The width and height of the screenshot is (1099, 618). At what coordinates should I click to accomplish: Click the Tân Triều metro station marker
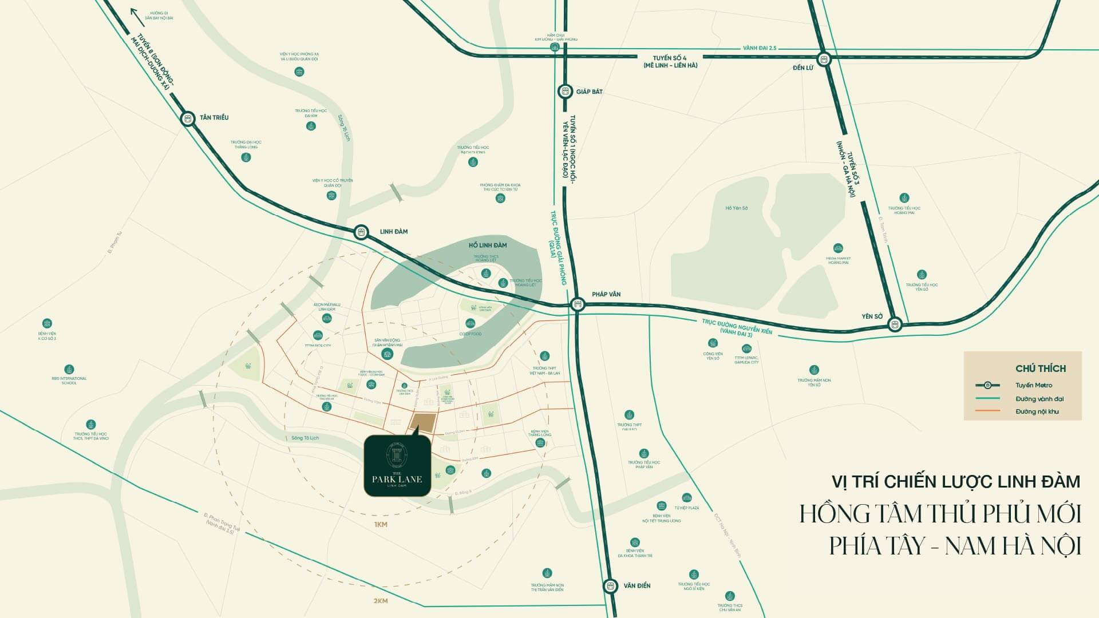pyautogui.click(x=188, y=118)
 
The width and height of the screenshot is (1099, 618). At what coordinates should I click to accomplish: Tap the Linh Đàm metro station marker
pyautogui.click(x=361, y=232)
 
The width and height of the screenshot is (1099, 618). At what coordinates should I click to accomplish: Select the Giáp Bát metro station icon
pyautogui.click(x=565, y=91)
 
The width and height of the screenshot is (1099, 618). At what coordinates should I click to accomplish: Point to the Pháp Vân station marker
pyautogui.click(x=578, y=304)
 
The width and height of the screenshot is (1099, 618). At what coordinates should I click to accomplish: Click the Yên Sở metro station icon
pyautogui.click(x=895, y=324)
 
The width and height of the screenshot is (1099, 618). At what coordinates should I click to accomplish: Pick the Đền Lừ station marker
pyautogui.click(x=824, y=58)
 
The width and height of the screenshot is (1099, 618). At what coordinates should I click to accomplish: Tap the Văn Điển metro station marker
pyautogui.click(x=611, y=586)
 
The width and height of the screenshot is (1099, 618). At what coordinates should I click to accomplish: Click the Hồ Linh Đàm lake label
pyautogui.click(x=488, y=245)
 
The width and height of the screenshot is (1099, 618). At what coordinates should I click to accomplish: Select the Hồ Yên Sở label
pyautogui.click(x=737, y=208)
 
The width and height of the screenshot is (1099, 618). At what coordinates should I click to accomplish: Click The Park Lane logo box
pyautogui.click(x=397, y=465)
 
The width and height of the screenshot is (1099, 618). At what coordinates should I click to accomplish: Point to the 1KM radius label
pyautogui.click(x=381, y=525)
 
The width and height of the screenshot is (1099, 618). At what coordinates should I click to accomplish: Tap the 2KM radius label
pyautogui.click(x=381, y=601)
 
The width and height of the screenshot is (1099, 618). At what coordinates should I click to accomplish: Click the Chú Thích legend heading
pyautogui.click(x=1041, y=369)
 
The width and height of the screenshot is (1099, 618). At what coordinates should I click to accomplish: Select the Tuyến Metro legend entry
pyautogui.click(x=1034, y=385)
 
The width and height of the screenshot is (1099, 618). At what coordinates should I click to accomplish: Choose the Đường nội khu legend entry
pyautogui.click(x=1037, y=411)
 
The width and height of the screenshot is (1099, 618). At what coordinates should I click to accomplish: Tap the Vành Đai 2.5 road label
pyautogui.click(x=760, y=48)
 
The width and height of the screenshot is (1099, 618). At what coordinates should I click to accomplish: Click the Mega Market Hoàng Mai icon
pyautogui.click(x=838, y=248)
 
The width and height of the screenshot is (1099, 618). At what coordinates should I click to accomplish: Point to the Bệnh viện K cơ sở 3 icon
pyautogui.click(x=48, y=323)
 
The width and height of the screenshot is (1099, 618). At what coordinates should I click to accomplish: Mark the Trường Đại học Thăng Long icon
pyautogui.click(x=246, y=157)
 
